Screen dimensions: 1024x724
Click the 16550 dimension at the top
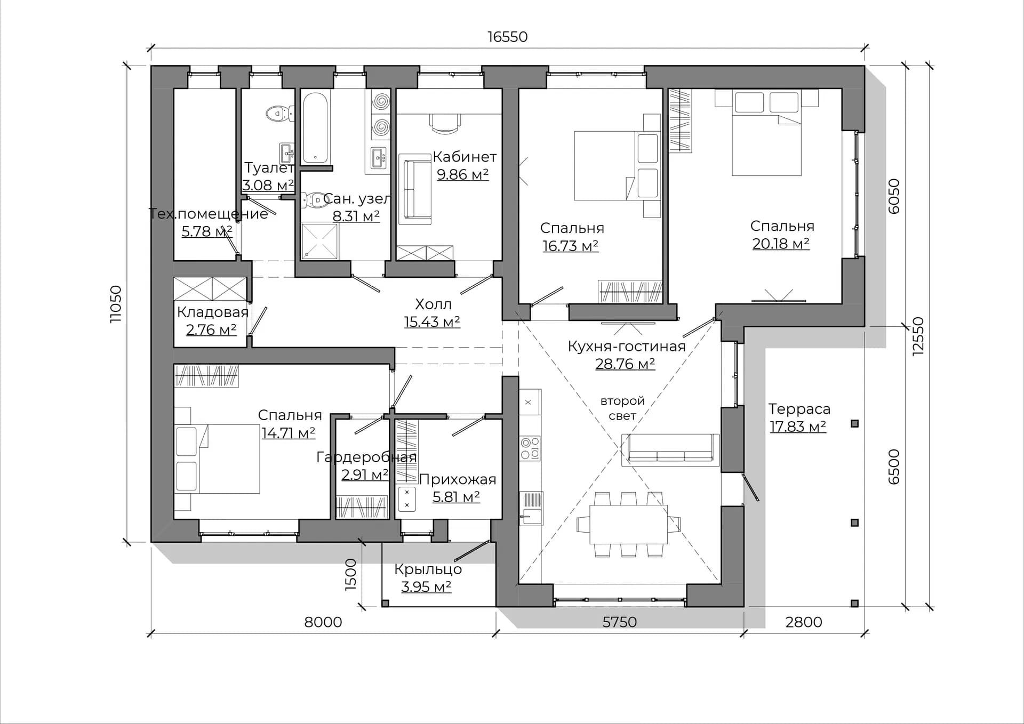pyautogui.click(x=507, y=37)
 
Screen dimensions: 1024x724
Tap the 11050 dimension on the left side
pyautogui.click(x=115, y=304)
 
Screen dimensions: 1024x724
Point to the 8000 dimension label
pyautogui.click(x=323, y=622)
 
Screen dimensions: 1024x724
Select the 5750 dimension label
pyautogui.click(x=619, y=622)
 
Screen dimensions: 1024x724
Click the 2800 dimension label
pyautogui.click(x=804, y=622)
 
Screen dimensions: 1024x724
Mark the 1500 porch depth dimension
pyautogui.click(x=350, y=574)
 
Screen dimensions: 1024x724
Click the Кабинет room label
pyautogui.click(x=465, y=157)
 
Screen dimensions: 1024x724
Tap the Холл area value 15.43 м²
pyautogui.click(x=432, y=322)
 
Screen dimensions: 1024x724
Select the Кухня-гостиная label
pyautogui.click(x=626, y=347)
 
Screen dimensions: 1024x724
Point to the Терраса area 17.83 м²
pyautogui.click(x=798, y=427)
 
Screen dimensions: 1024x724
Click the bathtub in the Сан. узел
pyautogui.click(x=316, y=128)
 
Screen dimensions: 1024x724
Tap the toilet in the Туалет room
pyautogui.click(x=279, y=113)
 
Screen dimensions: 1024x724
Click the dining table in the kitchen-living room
pyautogui.click(x=628, y=524)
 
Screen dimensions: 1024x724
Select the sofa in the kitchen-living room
pyautogui.click(x=670, y=450)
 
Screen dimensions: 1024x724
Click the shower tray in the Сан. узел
pyautogui.click(x=319, y=241)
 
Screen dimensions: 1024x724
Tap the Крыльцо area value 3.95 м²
pyautogui.click(x=426, y=586)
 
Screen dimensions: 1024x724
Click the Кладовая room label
pyautogui.click(x=213, y=312)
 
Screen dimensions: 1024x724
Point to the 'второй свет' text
pyautogui.click(x=622, y=408)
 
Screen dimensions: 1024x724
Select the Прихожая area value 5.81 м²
pyautogui.click(x=456, y=497)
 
